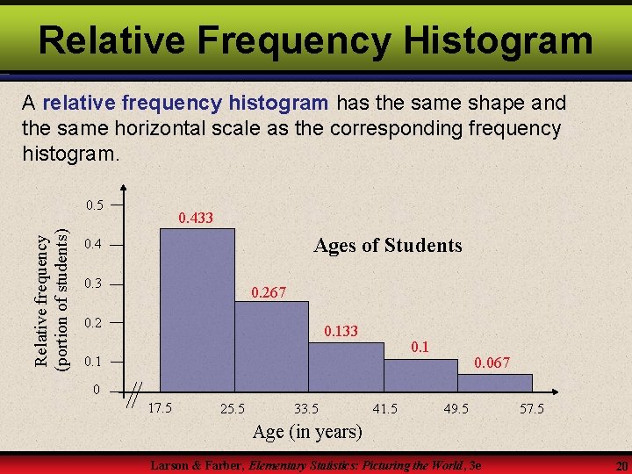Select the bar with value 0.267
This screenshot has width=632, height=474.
point(272,344)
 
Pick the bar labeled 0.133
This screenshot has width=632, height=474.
point(347,364)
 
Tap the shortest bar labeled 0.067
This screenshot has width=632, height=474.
point(495,382)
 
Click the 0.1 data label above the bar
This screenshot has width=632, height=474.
point(420,347)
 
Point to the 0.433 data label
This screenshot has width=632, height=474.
point(196,218)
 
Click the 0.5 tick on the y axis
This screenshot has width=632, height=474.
point(95,205)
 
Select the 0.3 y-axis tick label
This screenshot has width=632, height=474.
point(93,284)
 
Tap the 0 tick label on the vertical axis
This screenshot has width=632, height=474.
point(98,390)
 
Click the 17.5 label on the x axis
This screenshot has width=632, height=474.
point(161,407)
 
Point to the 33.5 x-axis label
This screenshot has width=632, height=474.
point(306,408)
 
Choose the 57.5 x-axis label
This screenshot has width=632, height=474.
point(532,408)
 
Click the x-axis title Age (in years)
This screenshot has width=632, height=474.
point(307,431)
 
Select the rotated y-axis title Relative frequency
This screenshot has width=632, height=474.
point(41,294)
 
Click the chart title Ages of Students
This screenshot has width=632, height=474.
point(387,245)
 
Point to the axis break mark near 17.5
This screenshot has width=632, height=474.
point(134,398)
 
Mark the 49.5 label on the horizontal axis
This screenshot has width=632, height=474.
point(456,408)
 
